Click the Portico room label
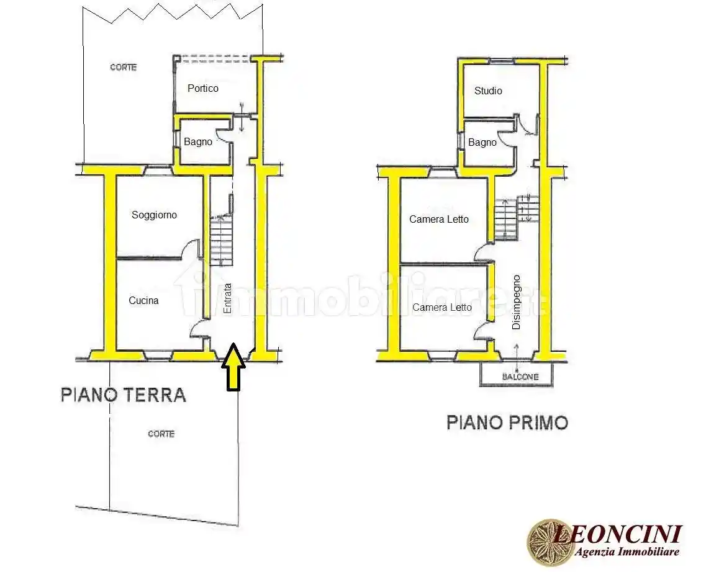pyautogui.click(x=203, y=88)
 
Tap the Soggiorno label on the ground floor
pyautogui.click(x=154, y=215)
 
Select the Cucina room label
pyautogui.click(x=143, y=301)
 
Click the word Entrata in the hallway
pyautogui.click(x=228, y=298)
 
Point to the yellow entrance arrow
pyautogui.click(x=233, y=368)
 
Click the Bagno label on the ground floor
pyautogui.click(x=197, y=141)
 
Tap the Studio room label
pyautogui.click(x=488, y=91)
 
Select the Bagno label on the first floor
pyautogui.click(x=482, y=143)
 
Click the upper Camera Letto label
pyautogui.click(x=439, y=219)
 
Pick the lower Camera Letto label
pyautogui.click(x=442, y=308)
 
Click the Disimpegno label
pyautogui.click(x=516, y=302)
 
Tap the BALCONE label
pyautogui.click(x=520, y=377)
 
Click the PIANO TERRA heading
pyautogui.click(x=124, y=395)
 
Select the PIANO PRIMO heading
pyautogui.click(x=507, y=423)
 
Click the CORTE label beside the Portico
pyautogui.click(x=124, y=67)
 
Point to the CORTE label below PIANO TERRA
pyautogui.click(x=161, y=434)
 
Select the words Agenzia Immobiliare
pyautogui.click(x=626, y=552)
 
